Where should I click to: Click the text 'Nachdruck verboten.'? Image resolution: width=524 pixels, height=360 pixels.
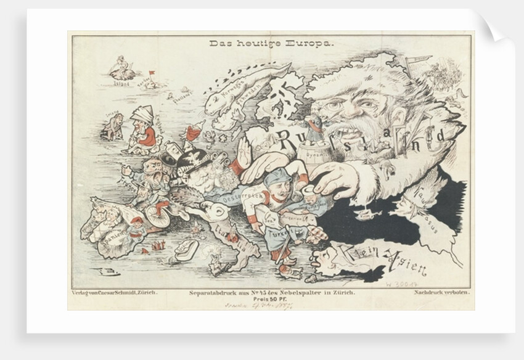442,292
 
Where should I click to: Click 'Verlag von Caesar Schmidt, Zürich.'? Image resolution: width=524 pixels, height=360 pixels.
115,292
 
